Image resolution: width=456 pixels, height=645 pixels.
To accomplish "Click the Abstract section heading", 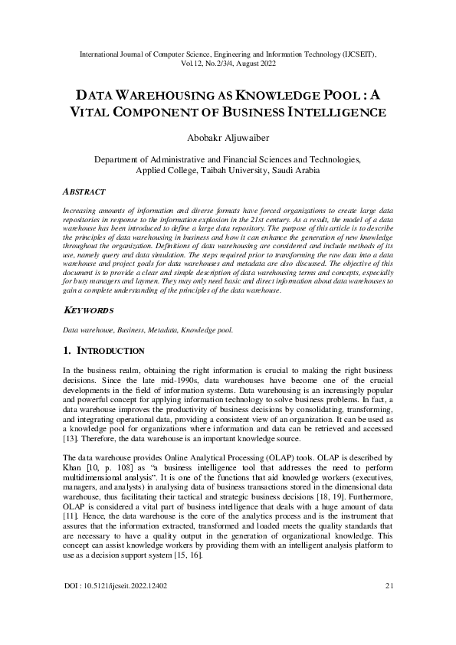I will coord(84,192).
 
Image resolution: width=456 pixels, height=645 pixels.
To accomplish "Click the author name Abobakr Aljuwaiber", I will coord(228,138).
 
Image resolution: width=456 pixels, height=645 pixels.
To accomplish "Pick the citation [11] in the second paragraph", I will coord(70,518).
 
